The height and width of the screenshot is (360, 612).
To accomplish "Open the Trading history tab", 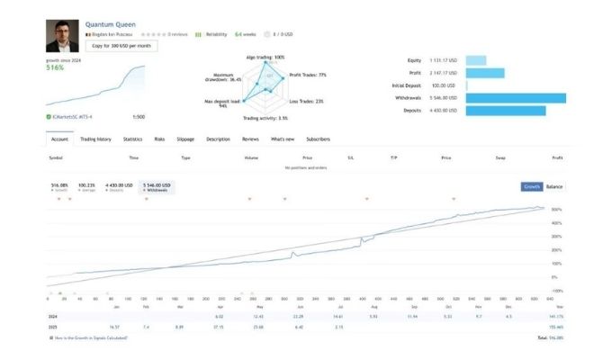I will [x=95, y=139].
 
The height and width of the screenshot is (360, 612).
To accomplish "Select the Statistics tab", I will [x=133, y=139].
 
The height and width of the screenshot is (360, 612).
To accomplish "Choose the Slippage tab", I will [x=185, y=139].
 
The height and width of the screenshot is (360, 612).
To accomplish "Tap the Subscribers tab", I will [x=319, y=139].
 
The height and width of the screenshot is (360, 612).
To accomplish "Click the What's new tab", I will [x=283, y=139].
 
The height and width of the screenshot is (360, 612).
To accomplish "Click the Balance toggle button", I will [x=555, y=186].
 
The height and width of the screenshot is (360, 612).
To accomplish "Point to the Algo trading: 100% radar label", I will [x=265, y=57].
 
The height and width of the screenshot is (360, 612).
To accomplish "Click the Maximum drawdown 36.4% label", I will [x=224, y=76].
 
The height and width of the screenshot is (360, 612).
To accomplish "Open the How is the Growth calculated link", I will [x=90, y=337].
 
